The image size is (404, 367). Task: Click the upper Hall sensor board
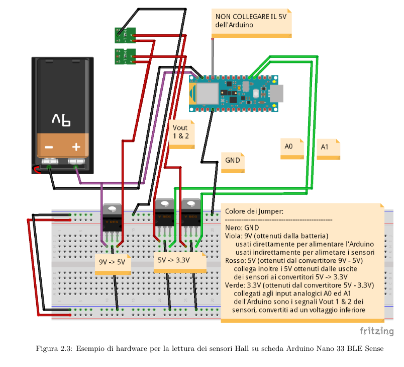tap(126, 35)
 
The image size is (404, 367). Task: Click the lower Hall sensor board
tap(126, 56)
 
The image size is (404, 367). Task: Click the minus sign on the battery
tap(49, 147)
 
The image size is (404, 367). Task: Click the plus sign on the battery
tap(76, 147)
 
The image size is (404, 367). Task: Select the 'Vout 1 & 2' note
tap(181, 132)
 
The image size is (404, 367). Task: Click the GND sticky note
tap(233, 161)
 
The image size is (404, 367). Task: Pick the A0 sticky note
tap(291, 147)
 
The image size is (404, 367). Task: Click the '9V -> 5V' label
tap(113, 262)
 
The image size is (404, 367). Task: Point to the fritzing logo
tap(376, 331)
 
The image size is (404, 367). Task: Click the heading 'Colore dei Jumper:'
tap(254, 211)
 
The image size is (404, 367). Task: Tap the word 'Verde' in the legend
tap(234, 285)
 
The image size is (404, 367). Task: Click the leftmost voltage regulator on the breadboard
tap(112, 217)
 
